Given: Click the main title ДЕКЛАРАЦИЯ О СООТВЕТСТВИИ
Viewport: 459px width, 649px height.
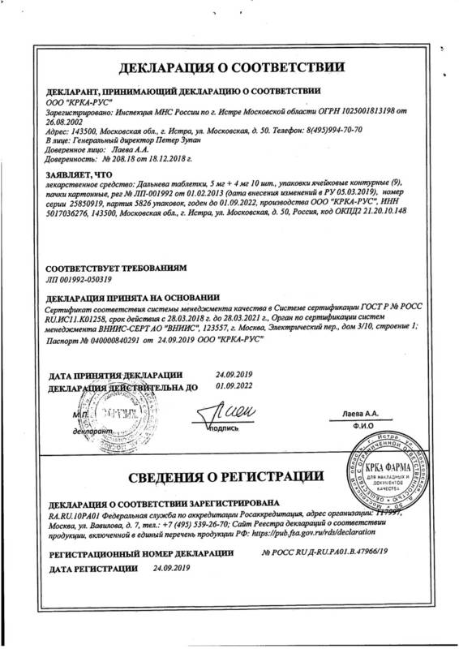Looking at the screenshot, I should pyautogui.click(x=229, y=67).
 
